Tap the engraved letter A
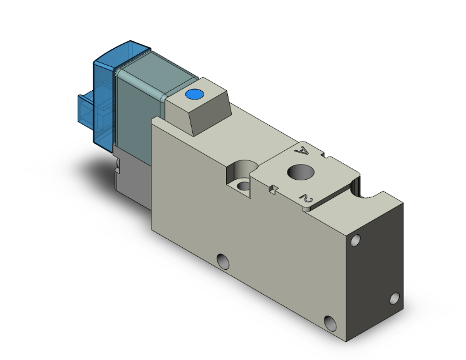(303, 150)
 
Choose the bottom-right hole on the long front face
(331, 323)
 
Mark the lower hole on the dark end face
(395, 298)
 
